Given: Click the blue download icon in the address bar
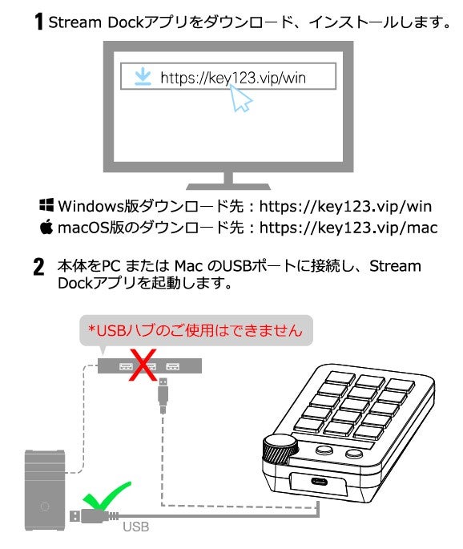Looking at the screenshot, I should [142, 77].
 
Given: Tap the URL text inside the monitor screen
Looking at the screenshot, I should [232, 78].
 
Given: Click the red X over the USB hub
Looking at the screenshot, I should [142, 366].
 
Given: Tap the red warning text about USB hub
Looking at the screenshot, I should [195, 329].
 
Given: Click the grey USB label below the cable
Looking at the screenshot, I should [135, 527].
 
